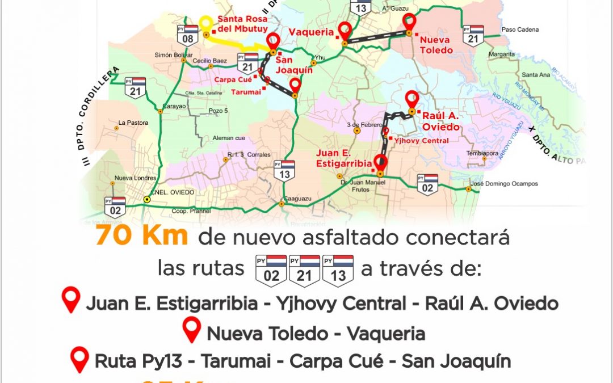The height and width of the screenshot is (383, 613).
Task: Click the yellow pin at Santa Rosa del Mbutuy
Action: coord(206,24)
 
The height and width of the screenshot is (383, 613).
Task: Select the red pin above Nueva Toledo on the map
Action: coord(409,23)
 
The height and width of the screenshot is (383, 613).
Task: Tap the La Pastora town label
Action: coord(133,123)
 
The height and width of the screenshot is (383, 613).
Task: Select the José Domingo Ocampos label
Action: coord(505,184)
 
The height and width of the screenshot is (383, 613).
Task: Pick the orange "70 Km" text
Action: coord(142,236)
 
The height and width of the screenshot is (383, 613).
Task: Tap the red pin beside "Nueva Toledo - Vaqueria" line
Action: coord(192,330)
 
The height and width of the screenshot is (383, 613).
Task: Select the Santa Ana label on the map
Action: coord(536,75)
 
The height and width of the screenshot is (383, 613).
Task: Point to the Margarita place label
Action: coord(502,54)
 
